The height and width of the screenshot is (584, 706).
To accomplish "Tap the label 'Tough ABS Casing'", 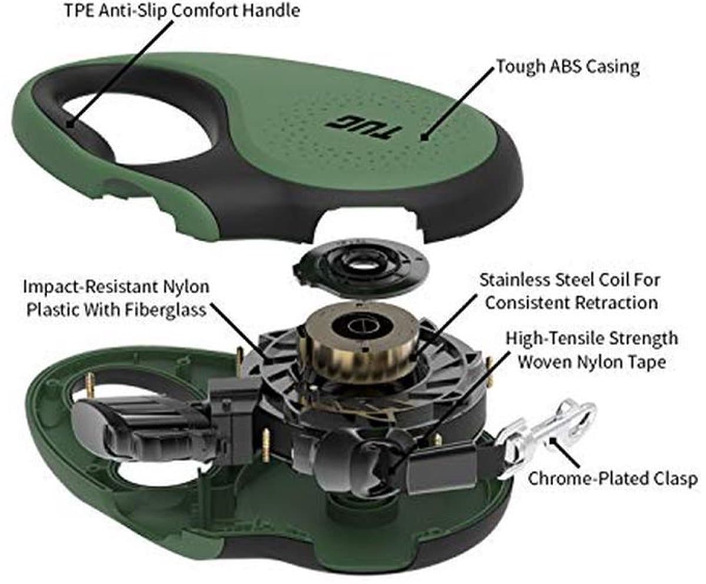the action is [568, 67].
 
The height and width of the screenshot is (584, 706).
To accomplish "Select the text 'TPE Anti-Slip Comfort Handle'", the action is [182, 11].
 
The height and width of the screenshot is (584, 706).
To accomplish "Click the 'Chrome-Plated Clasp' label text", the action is [612, 479].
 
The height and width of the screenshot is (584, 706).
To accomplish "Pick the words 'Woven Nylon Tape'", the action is [592, 362].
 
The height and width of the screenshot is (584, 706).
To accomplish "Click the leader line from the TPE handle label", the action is [120, 74].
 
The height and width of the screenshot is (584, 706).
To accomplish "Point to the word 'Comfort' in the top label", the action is [205, 11].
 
